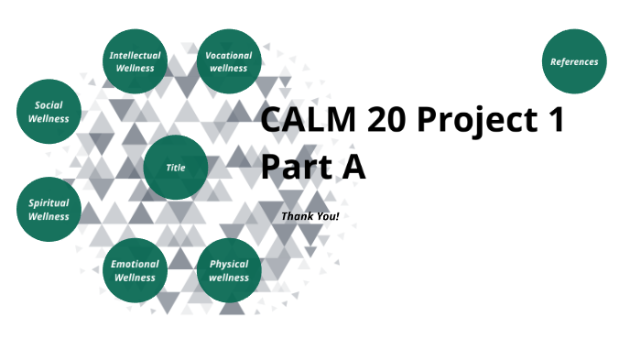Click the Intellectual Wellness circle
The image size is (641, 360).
tap(135, 61)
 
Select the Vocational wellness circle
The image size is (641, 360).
tap(229, 61)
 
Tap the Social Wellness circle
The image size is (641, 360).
tap(49, 112)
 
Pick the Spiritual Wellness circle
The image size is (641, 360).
tap(49, 210)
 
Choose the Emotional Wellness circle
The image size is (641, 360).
tap(135, 270)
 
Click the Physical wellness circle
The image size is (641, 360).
tap(229, 270)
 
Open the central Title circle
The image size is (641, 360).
tap(175, 168)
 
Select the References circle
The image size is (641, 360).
tap(574, 61)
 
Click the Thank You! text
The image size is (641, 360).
tap(310, 216)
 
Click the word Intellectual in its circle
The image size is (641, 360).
tap(135, 55)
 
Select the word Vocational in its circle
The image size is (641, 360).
tap(229, 55)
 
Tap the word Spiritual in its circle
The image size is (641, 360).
tap(49, 203)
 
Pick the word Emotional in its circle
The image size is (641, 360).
tap(135, 264)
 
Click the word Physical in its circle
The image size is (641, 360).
tap(229, 264)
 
